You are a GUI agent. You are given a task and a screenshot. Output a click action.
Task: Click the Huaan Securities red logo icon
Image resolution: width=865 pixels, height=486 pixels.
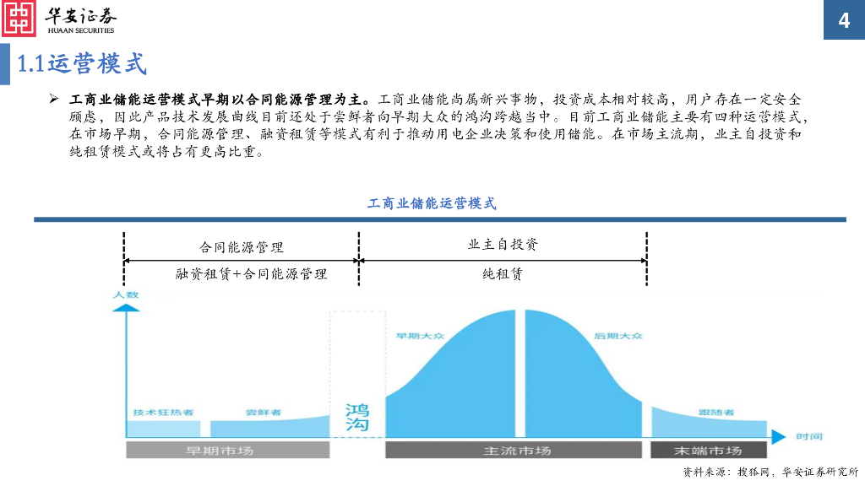pos(19,19)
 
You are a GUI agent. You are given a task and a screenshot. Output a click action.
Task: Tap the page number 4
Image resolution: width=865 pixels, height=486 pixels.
pos(844,20)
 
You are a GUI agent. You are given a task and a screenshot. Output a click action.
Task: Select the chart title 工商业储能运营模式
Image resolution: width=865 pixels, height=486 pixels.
pos(432,203)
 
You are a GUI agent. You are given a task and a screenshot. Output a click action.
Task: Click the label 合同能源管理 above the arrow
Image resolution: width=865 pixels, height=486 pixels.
pos(242,247)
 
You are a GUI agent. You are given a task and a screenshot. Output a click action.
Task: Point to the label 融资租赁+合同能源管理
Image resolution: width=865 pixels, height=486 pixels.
pos(251,274)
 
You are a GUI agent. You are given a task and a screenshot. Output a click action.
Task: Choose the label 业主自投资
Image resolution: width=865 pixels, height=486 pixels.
pos(503,245)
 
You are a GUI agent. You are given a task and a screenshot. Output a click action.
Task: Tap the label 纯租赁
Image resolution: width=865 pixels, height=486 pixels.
pos(503,274)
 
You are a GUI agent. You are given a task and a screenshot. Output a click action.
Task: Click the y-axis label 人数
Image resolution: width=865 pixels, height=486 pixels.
pos(125,295)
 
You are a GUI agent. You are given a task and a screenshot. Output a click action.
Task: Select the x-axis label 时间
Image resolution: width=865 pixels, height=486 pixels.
pos(808,436)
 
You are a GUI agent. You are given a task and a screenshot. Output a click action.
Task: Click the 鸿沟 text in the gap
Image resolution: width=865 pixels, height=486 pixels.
pos(356,418)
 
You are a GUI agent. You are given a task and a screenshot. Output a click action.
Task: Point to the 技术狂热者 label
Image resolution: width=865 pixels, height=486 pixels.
pos(163,413)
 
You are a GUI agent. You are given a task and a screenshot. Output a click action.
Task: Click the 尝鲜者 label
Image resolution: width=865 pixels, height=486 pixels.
pos(264,413)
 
